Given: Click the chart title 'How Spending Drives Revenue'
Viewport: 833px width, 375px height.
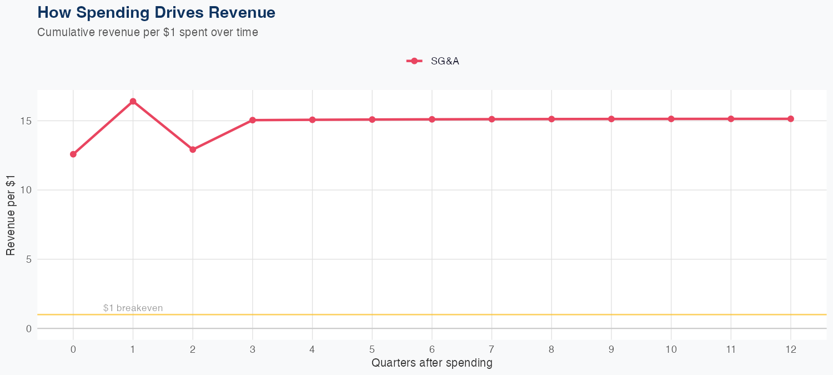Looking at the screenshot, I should pos(156,13).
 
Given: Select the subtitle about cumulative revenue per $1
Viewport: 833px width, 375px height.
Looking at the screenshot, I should pos(148,32).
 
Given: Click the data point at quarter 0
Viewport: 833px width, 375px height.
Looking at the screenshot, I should pos(73,154).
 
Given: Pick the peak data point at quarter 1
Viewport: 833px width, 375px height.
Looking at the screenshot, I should pos(133,101).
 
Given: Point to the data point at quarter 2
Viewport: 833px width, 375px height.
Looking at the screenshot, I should pos(193,149).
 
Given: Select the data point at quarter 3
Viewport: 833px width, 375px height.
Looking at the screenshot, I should pos(253,120).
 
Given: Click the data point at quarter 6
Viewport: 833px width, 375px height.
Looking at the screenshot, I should pos(432,119).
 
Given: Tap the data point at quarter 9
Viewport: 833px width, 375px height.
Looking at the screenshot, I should pos(611,119).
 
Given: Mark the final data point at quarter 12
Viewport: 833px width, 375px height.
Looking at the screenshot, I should pos(791,119).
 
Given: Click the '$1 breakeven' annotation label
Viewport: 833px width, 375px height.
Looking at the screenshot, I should pos(133,308).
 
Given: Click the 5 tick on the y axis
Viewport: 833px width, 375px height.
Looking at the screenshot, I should pos(28,259).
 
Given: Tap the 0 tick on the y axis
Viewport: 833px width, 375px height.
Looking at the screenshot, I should pos(28,329).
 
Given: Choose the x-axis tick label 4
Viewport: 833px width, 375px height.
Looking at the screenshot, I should pos(312,349).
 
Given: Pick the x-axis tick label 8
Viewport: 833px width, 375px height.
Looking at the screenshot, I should pos(551,349).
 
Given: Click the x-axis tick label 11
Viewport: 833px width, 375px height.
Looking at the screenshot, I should pos(731,349).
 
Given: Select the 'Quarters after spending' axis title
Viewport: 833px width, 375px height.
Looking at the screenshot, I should pos(431,363).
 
